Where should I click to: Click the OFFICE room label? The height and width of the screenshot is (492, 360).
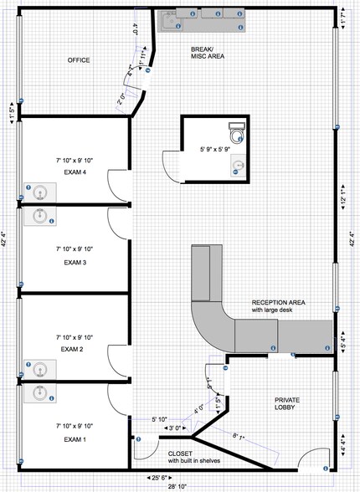(x=79, y=60)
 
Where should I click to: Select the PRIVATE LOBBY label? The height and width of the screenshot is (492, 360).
(x=288, y=405)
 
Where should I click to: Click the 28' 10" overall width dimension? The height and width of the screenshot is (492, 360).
(x=180, y=487)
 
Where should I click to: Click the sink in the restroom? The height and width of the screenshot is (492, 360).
(x=239, y=164)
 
